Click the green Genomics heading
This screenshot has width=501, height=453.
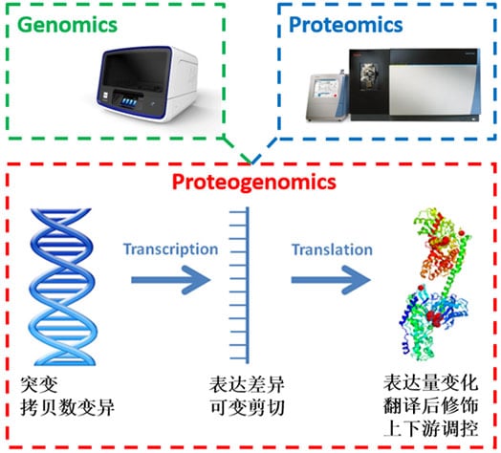tap(68, 25)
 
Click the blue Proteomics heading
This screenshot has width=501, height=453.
tap(346, 25)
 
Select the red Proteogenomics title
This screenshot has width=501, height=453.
tap(254, 183)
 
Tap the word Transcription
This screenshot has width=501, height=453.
tap(171, 249)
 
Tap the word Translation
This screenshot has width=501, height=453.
tap(332, 249)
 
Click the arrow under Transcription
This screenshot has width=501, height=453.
tap(171, 280)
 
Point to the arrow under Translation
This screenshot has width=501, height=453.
tap(331, 280)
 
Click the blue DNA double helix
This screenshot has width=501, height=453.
tap(63, 287)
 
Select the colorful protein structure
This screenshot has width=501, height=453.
tap(433, 285)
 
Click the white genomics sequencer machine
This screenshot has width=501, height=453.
tap(146, 84)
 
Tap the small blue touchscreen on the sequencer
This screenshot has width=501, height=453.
tap(129, 102)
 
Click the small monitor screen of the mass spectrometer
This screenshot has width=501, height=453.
tap(325, 88)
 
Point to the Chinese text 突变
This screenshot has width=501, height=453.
tap(39, 384)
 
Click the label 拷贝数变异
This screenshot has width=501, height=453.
tap(67, 407)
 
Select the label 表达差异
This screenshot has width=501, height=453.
tap(247, 384)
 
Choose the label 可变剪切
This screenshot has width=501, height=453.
tap(247, 407)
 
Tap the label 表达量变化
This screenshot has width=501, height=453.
tap(430, 383)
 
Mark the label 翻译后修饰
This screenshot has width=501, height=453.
tap(430, 406)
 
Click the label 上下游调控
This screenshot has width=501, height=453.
tap(430, 428)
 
